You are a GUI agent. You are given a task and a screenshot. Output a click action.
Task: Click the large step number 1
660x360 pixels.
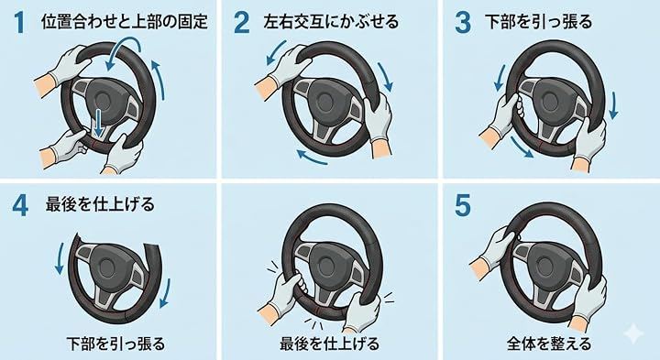click(x=18, y=23)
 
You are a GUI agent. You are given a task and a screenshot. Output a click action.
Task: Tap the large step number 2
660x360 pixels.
click(x=242, y=23)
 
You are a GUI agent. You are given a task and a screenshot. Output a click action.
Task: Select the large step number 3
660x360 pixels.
click(x=463, y=23)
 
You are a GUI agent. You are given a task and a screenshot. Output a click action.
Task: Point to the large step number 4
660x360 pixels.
click(x=20, y=206)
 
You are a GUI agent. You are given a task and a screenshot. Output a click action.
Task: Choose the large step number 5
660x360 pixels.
click(x=463, y=206)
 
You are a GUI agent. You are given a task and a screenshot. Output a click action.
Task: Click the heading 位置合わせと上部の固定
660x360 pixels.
click(x=125, y=22)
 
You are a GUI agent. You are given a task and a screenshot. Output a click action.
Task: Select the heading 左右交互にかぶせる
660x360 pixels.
click(x=331, y=22)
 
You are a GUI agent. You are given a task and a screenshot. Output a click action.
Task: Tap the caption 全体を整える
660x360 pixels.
click(x=549, y=344)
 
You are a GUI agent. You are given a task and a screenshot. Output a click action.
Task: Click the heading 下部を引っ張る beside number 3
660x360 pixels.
click(x=538, y=22)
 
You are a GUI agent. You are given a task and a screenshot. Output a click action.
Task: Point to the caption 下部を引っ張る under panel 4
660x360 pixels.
click(x=115, y=344)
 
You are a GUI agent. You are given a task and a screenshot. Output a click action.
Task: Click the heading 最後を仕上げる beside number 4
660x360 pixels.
click(x=100, y=205)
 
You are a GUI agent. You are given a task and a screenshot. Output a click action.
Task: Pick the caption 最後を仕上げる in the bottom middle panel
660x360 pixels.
click(x=330, y=344)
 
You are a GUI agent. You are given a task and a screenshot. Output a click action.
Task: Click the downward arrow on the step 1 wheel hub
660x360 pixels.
click(x=98, y=123)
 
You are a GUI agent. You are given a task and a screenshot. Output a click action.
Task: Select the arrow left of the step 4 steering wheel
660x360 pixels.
click(x=60, y=257)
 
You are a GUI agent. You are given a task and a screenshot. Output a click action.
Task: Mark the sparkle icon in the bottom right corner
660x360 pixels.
click(x=633, y=333)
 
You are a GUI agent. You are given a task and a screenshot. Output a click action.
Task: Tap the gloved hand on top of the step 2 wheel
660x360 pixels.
click(x=285, y=67)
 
